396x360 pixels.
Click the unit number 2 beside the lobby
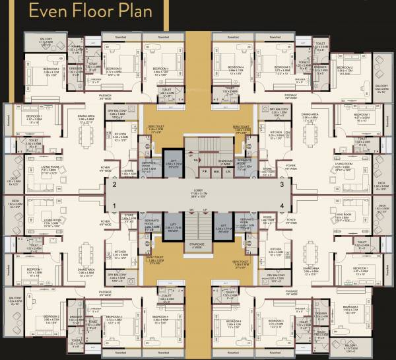pyautogui.click(x=114, y=186)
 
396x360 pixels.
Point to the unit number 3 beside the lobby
pyautogui.click(x=282, y=186)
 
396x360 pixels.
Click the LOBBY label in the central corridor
pyautogui.click(x=198, y=192)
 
